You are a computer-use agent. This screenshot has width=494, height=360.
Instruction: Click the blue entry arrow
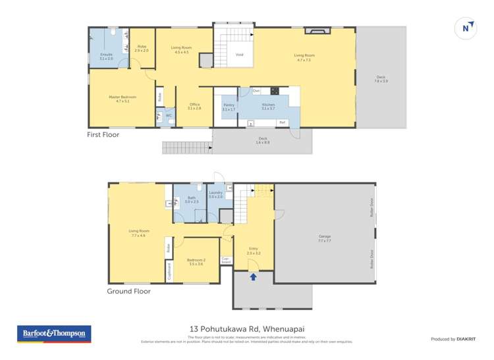pos(253,277)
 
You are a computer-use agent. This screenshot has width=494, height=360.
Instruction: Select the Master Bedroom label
pos(123,99)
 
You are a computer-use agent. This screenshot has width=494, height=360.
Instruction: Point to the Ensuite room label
pos(106,55)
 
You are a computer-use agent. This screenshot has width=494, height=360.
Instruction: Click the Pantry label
pos(229,106)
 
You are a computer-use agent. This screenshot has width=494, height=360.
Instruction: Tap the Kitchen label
pos(267,106)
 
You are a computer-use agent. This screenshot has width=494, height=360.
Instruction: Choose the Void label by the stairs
pos(239,55)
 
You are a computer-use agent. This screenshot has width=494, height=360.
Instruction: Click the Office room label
pos(194,106)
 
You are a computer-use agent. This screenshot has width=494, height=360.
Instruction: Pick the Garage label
pos(324,238)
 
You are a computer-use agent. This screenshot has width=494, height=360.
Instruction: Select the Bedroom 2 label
pos(196,261)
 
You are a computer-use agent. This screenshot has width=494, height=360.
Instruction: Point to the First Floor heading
pos(103,135)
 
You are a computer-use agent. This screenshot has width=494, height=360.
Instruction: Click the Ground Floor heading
pos(128,291)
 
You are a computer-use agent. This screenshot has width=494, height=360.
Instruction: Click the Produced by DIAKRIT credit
pos(451,339)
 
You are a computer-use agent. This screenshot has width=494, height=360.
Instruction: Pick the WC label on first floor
pos(169,116)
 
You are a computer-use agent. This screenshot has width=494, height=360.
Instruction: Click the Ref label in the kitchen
pos(282,122)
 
